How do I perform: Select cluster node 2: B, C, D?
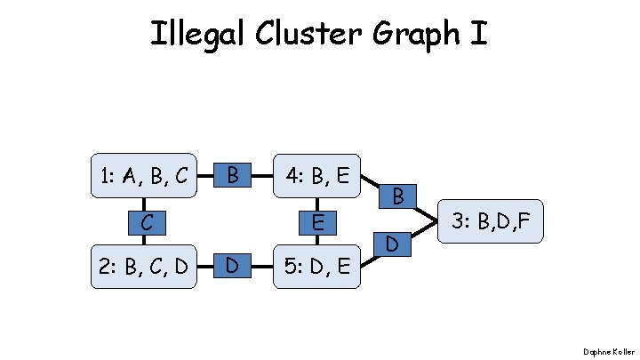tap(143, 264)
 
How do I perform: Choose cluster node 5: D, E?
tap(316, 264)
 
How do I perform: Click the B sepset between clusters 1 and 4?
tap(232, 174)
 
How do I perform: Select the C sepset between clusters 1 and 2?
tap(143, 220)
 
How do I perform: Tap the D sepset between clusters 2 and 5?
tap(232, 264)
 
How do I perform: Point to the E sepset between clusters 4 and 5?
tap(316, 220)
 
